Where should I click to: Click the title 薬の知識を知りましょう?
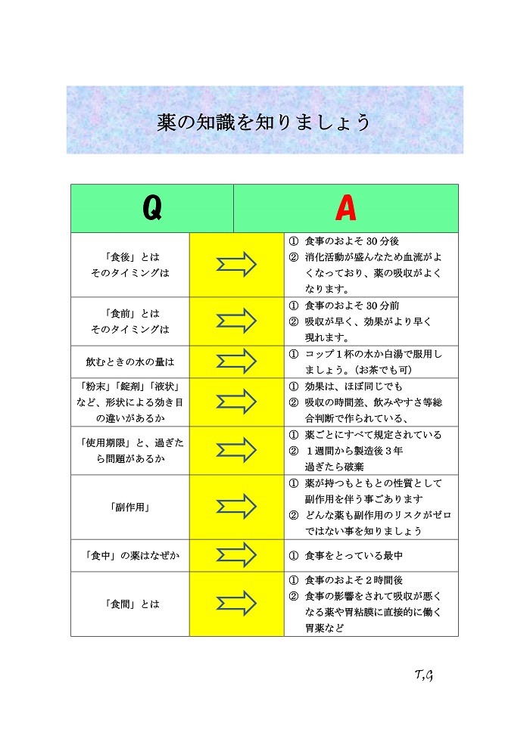pos(264,123)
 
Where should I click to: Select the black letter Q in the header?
pos(151,209)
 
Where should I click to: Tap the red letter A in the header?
pos(345,209)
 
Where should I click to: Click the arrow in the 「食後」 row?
pos(237,265)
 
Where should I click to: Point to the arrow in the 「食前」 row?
pos(237,321)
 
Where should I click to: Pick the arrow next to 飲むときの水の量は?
pos(237,362)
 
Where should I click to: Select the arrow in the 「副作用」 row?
pos(237,507)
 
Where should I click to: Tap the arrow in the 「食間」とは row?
pos(237,604)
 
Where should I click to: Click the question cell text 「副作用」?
pos(129,507)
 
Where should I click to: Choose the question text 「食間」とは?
pos(129,604)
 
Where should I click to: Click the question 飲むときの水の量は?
pos(129,362)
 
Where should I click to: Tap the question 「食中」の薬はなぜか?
pos(129,556)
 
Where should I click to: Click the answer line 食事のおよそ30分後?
pos(351,241)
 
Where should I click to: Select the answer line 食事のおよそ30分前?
pos(351,306)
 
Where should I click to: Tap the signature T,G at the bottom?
pos(423,675)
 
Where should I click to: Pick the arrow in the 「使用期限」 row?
pos(237,450)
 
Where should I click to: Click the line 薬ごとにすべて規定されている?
pos(373,435)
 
